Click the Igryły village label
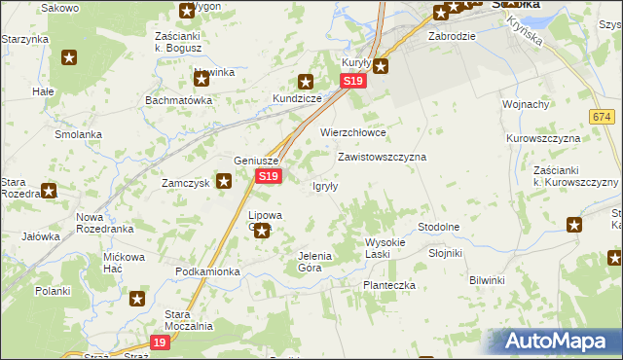click(x=324, y=187)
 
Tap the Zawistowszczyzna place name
click(x=382, y=156)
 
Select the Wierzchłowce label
click(x=353, y=132)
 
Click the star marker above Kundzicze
click(x=306, y=83)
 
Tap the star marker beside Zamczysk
click(x=224, y=180)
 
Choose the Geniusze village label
click(x=257, y=162)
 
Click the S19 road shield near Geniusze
click(x=269, y=176)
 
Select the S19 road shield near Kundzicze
click(x=353, y=84)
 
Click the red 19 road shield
click(x=162, y=342)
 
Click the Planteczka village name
click(x=389, y=285)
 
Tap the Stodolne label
click(x=438, y=227)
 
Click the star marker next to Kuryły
click(x=381, y=66)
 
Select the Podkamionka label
click(x=207, y=271)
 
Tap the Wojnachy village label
click(x=526, y=104)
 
